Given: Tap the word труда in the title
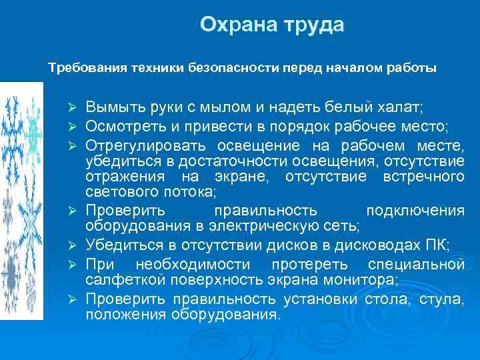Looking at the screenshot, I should pos(315,26).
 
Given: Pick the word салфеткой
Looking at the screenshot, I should pos(119,279).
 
